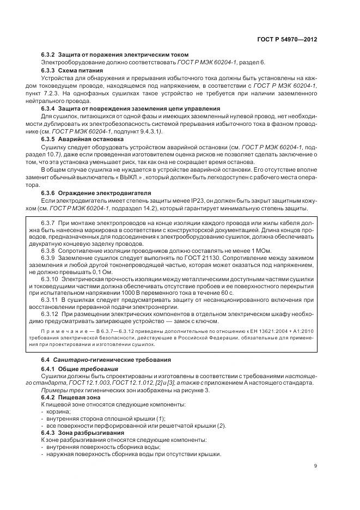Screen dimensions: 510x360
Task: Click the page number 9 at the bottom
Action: [316, 465]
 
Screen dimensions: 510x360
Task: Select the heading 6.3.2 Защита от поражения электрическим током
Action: [115, 54]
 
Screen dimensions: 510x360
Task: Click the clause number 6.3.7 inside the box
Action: [50, 223]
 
